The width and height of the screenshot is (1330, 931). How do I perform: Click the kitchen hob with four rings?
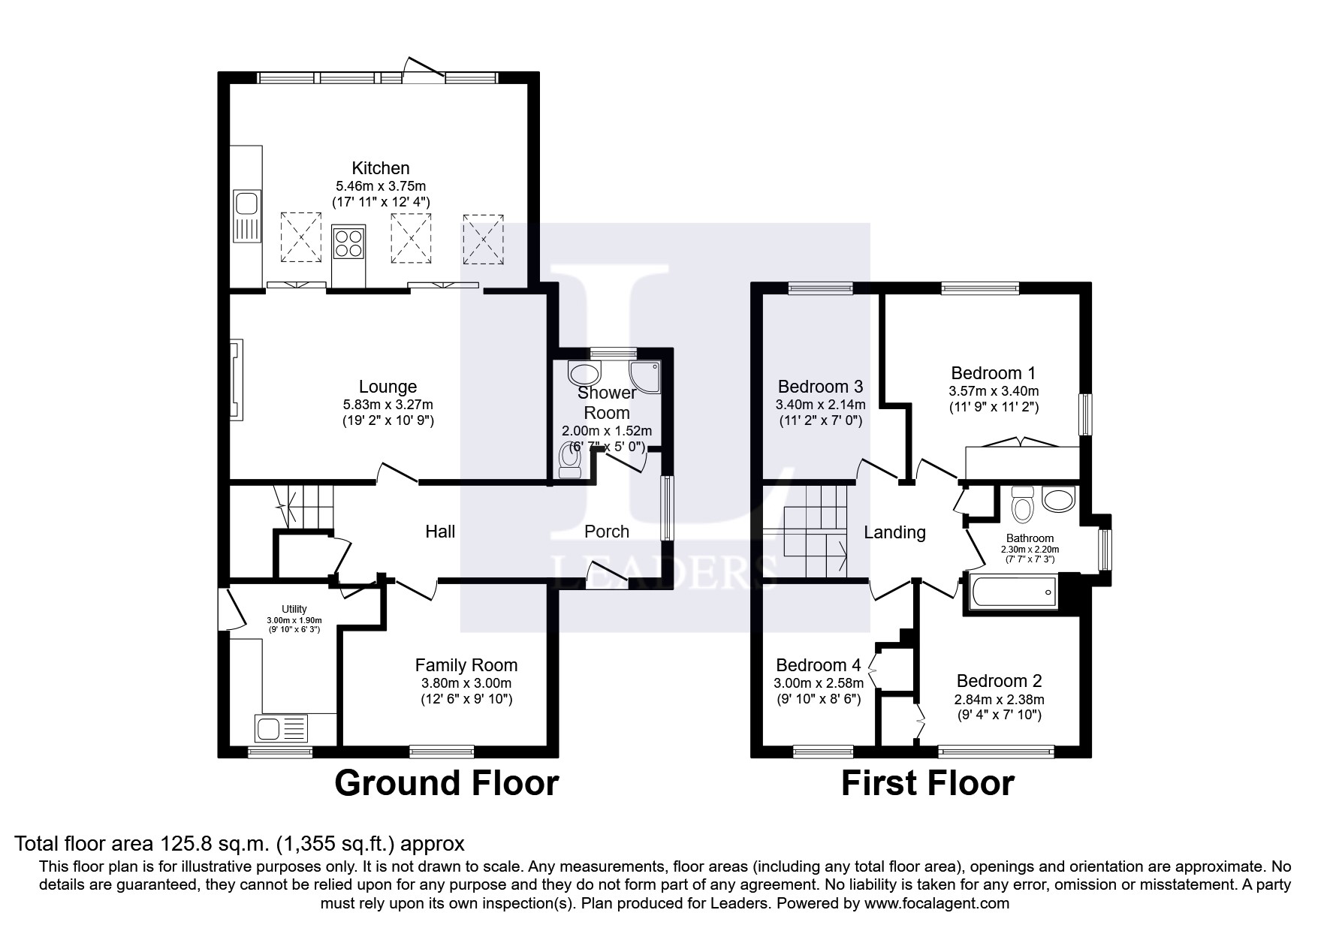pyautogui.click(x=348, y=243)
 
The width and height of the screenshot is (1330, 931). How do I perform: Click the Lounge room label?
pyautogui.click(x=388, y=387)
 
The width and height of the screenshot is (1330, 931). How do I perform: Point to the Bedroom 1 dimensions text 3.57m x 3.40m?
pyautogui.click(x=994, y=391)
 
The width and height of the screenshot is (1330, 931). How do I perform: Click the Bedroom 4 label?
pyautogui.click(x=818, y=665)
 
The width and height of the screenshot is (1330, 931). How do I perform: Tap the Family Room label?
pyautogui.click(x=466, y=665)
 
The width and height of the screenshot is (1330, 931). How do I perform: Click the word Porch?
pyautogui.click(x=607, y=532)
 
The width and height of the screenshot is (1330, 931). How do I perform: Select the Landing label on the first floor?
pyautogui.click(x=894, y=532)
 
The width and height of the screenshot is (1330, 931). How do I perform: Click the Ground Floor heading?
pyautogui.click(x=446, y=783)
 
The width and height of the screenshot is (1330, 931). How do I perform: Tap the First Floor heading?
pyautogui.click(x=927, y=783)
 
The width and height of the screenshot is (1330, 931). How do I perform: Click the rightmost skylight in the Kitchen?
pyautogui.click(x=483, y=239)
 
